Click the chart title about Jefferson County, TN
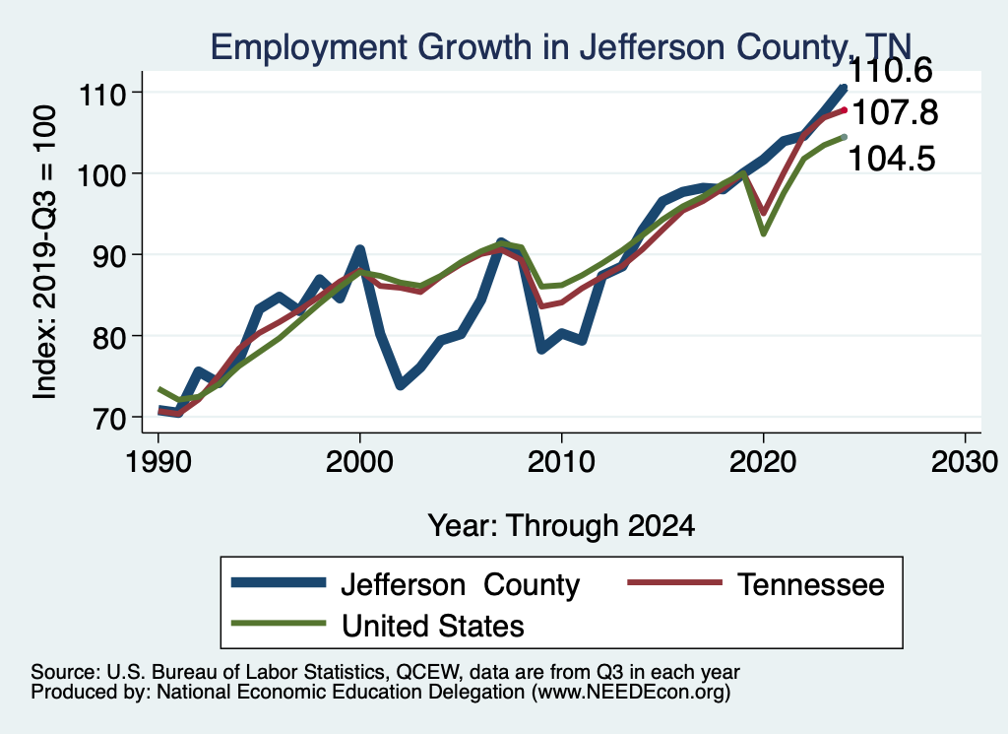pyautogui.click(x=562, y=46)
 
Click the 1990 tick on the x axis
pyautogui.click(x=157, y=461)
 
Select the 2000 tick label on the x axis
pyautogui.click(x=359, y=461)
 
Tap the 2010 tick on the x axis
pyautogui.click(x=561, y=461)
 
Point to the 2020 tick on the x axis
pyautogui.click(x=763, y=461)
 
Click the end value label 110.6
pyautogui.click(x=891, y=71)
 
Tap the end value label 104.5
pyautogui.click(x=891, y=157)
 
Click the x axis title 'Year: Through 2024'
pyautogui.click(x=561, y=525)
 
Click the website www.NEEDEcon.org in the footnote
pyautogui.click(x=631, y=694)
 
